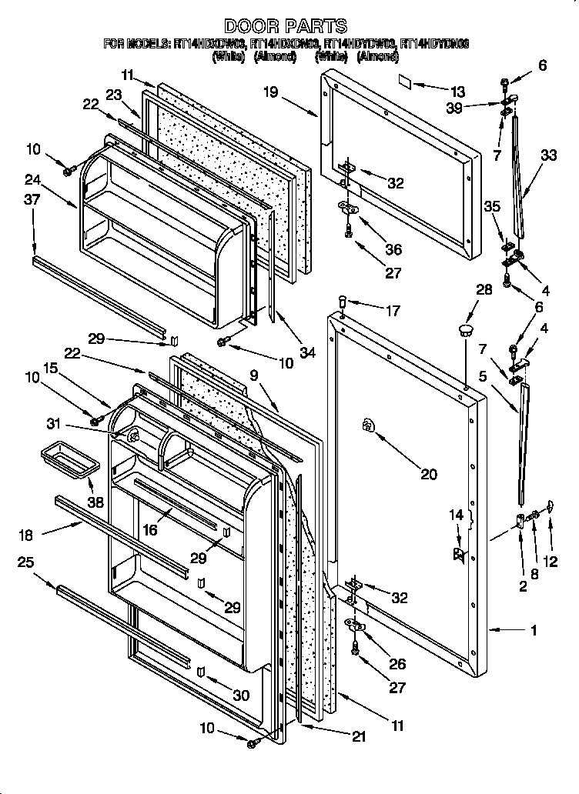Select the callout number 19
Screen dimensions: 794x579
click(x=271, y=92)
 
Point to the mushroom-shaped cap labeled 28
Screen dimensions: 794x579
click(x=465, y=330)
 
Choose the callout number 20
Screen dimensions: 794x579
click(x=427, y=475)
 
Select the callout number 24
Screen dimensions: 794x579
click(x=33, y=182)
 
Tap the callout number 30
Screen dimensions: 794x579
click(x=241, y=695)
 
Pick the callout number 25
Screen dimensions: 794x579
click(x=25, y=562)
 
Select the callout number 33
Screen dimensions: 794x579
click(x=549, y=155)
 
